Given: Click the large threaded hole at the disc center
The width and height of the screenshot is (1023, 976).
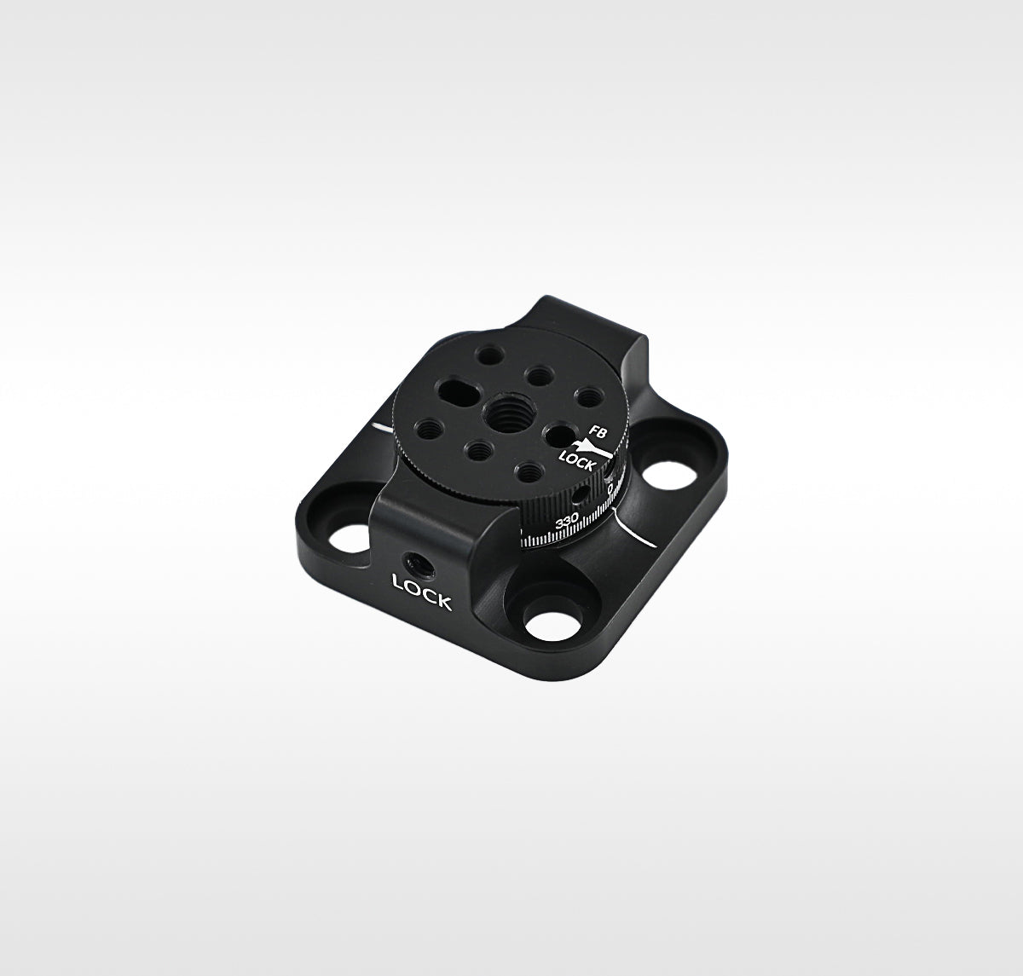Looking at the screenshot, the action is click(506, 413).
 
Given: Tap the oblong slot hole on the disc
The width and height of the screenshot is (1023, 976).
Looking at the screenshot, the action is click(459, 390).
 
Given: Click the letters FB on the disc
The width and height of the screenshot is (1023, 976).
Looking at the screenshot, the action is click(598, 431).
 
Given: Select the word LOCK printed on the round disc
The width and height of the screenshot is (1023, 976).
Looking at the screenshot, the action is click(576, 461).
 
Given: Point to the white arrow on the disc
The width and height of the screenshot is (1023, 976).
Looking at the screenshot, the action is click(592, 449).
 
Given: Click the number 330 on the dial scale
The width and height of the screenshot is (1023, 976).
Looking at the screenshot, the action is click(567, 521).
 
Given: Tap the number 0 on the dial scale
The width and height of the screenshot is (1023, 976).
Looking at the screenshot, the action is click(610, 489).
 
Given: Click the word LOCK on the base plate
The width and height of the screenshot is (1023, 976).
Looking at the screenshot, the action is click(421, 591).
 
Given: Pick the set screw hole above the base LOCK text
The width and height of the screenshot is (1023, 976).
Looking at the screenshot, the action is click(419, 565).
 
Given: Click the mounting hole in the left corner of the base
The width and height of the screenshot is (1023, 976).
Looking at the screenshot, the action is click(350, 539).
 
